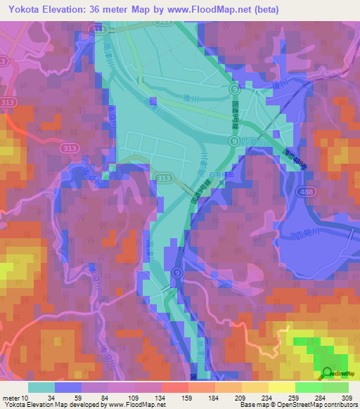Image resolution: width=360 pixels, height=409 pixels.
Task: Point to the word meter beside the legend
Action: pos(13,398)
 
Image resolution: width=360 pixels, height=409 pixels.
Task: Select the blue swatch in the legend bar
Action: pos(68,387)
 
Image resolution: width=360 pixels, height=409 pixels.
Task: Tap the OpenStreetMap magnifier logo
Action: pos(328,372)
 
